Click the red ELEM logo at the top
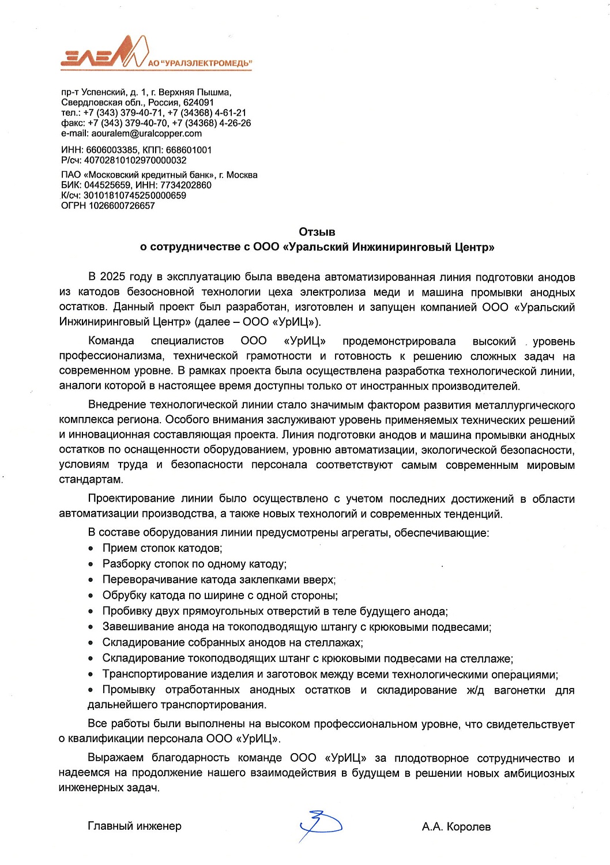pos(104,53)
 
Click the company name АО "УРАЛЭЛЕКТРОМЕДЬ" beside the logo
pos(199,63)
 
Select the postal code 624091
pos(198,102)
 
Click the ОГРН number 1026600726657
pos(122,206)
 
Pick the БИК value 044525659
pos(107,185)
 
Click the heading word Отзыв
pos(317,232)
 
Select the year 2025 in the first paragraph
pos(113,277)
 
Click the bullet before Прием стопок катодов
pos(91,549)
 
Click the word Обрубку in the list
pos(124,596)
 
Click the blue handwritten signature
pos(320,825)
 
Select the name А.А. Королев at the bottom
pos(456,827)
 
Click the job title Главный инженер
pos(134,826)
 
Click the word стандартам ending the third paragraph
pos(91,480)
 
